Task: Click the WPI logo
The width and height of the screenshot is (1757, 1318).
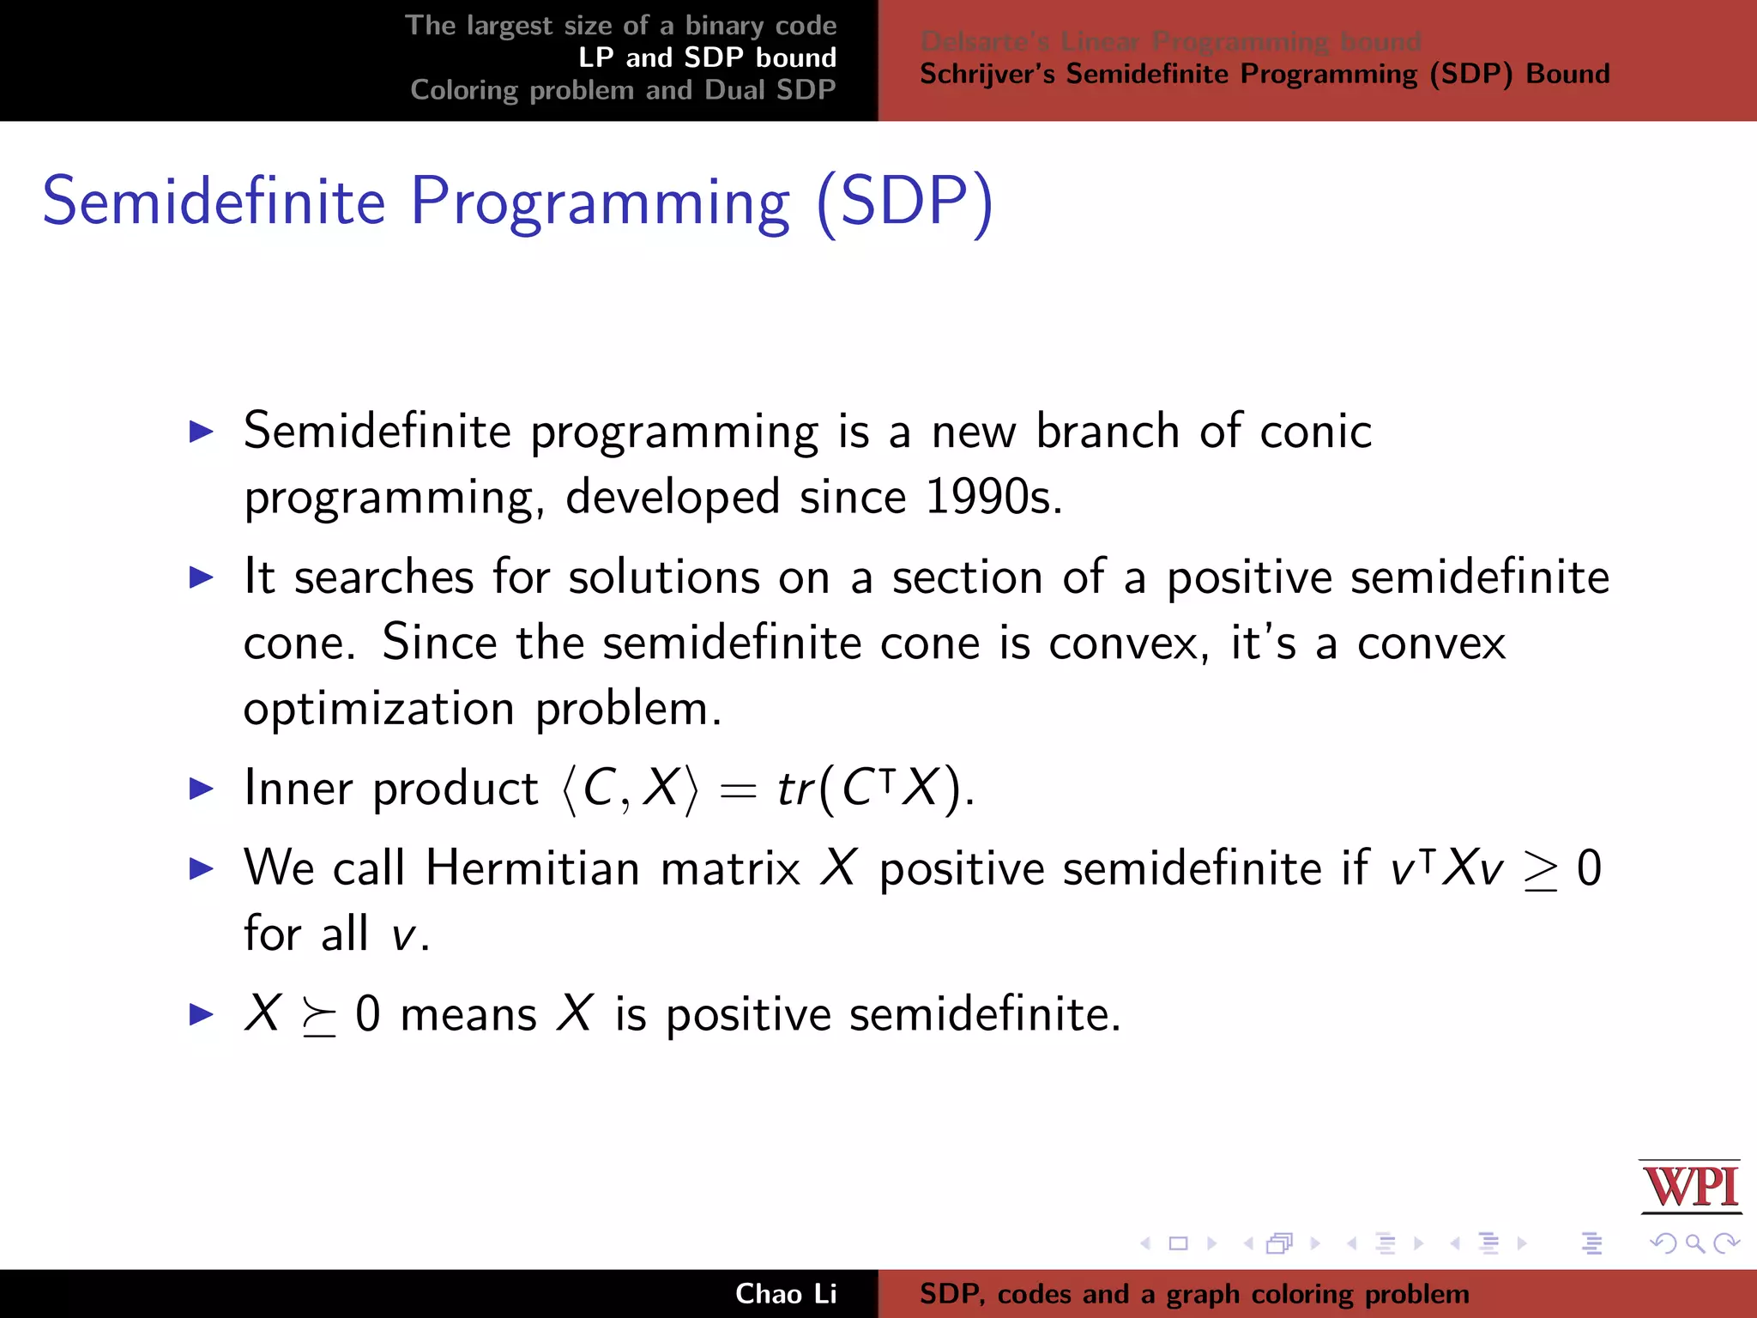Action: click(x=1690, y=1187)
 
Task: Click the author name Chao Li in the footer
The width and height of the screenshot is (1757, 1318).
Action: click(x=785, y=1294)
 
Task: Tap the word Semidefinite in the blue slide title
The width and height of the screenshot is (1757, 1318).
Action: click(x=214, y=202)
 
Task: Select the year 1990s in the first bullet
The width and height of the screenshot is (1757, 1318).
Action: click(x=993, y=497)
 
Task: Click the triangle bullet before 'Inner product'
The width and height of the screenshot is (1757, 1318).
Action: click(x=201, y=789)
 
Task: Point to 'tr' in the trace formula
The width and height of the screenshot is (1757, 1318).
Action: click(x=794, y=789)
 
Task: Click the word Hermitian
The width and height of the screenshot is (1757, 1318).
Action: click(x=532, y=868)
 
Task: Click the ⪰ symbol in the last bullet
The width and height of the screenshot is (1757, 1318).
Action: click(x=318, y=1018)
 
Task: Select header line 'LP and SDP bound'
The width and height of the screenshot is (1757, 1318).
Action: click(x=707, y=57)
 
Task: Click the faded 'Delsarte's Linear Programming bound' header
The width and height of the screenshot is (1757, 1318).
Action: click(x=1170, y=40)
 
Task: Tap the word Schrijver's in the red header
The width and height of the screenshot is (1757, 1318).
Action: click(x=988, y=75)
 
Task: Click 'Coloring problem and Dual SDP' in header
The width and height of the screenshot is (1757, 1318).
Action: click(x=623, y=90)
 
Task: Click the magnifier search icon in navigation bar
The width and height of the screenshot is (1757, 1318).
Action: click(x=1694, y=1243)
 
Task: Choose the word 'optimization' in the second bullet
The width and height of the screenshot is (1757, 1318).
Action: click(x=378, y=709)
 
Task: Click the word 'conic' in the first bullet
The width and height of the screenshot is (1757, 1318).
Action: click(x=1315, y=431)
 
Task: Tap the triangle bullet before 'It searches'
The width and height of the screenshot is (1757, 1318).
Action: click(x=201, y=577)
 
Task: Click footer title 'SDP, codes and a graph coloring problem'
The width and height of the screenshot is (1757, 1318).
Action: click(x=1193, y=1294)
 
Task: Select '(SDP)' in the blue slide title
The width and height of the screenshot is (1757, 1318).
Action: click(x=904, y=202)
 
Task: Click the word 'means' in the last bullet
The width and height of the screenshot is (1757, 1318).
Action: click(x=468, y=1014)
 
